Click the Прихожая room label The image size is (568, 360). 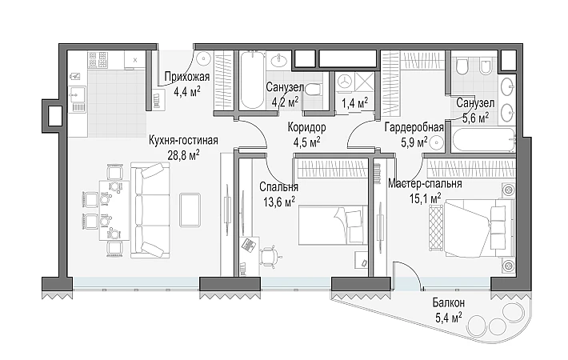187,77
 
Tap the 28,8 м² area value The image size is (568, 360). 183,155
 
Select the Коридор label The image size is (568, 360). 307,127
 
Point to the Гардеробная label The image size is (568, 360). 414,127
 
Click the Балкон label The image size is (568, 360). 449,302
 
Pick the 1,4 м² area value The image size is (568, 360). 354,103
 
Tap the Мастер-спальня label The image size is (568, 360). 425,184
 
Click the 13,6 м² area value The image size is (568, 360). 279,202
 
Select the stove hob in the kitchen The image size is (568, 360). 98,60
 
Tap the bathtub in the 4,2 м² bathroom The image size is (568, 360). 252,80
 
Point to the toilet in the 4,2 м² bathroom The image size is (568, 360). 313,90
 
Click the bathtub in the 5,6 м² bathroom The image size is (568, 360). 483,140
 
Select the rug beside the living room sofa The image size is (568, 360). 190,210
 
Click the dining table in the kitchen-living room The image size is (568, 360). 114,210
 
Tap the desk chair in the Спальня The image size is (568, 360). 270,256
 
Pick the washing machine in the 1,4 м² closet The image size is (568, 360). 345,82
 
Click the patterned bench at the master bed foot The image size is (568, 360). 436,227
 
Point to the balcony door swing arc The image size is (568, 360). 412,270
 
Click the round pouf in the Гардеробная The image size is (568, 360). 436,142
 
